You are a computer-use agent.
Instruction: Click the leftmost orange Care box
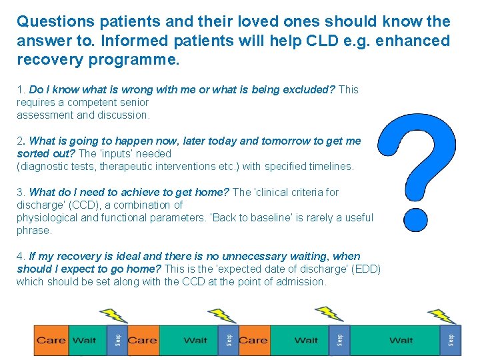(x=51, y=340)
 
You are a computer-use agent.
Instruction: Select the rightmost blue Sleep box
(x=450, y=340)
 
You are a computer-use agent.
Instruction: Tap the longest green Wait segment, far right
(x=401, y=340)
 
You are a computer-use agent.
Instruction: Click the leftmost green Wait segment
(x=84, y=340)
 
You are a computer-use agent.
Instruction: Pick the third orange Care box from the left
(x=253, y=340)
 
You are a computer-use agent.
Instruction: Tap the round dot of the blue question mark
(x=415, y=217)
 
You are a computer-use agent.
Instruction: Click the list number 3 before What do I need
(x=20, y=192)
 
